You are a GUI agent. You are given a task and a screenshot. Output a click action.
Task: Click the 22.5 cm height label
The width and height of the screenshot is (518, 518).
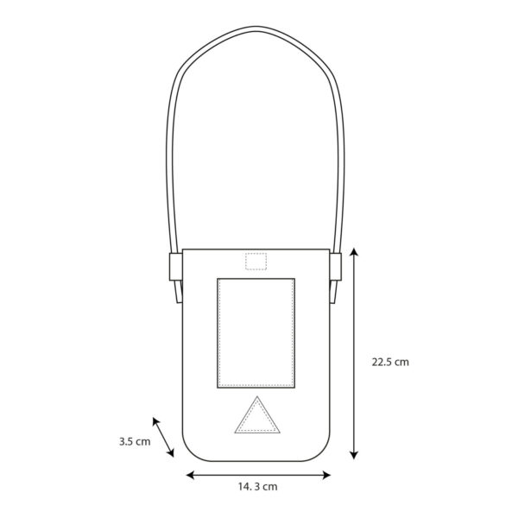tap(390, 362)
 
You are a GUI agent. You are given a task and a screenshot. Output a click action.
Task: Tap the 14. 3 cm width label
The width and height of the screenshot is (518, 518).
tap(257, 487)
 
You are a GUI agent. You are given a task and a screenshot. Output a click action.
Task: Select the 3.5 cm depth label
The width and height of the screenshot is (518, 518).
tap(135, 441)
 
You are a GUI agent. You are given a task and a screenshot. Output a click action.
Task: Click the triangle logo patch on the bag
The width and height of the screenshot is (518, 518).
tap(257, 415)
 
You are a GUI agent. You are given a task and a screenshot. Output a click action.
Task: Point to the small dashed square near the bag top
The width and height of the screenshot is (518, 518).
tap(256, 262)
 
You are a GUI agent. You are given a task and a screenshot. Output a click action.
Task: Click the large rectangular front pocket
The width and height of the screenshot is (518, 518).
tap(256, 333)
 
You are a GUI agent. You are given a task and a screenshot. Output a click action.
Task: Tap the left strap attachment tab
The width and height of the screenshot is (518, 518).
tap(176, 267)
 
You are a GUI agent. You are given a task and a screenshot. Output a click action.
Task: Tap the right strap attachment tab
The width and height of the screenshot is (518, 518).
tap(335, 267)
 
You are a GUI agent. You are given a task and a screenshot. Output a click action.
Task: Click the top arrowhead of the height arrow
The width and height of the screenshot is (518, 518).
tap(354, 252)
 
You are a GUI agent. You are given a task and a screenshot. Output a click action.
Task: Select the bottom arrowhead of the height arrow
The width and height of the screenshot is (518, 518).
tap(354, 455)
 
